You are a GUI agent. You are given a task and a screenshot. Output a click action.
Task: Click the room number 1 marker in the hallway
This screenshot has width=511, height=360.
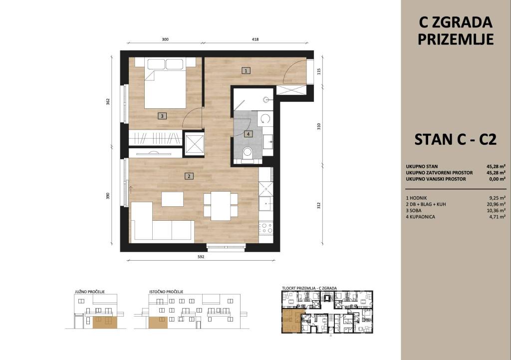tap(246, 70)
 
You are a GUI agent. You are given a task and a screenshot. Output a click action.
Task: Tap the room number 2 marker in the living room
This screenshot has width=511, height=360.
tap(189, 176)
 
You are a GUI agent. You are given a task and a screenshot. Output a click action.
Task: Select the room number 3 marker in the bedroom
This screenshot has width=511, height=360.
tap(162, 116)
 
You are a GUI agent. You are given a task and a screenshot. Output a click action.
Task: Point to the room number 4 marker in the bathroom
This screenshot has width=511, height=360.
tap(249, 134)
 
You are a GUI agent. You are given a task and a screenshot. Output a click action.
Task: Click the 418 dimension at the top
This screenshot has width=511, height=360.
tap(255, 39)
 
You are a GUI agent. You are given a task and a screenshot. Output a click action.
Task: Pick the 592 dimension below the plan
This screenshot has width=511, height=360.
tap(201, 257)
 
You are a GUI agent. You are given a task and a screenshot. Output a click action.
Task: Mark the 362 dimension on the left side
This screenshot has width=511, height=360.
tap(108, 102)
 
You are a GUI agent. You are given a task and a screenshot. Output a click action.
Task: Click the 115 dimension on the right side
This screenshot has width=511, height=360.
tap(319, 70)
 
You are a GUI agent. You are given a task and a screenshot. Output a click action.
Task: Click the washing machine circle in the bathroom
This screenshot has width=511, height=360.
tap(265, 119)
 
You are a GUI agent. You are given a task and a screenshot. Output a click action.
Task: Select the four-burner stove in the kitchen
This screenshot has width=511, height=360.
tap(266, 227)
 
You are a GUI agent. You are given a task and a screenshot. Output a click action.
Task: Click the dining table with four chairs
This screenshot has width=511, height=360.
tap(221, 205)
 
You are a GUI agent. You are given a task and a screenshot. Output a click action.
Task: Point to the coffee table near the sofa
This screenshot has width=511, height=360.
tap(172, 199)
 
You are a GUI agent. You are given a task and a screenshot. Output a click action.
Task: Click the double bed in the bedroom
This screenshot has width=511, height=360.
tap(165, 83)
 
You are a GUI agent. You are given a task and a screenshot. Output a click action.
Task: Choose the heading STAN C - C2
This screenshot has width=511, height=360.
tap(455, 140)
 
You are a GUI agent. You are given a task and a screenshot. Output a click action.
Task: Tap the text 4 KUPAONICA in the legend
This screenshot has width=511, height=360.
tap(420, 217)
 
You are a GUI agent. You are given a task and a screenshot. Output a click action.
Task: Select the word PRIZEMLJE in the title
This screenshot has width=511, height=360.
tap(455, 39)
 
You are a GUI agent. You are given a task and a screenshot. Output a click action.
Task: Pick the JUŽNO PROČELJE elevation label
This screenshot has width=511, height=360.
tap(90, 292)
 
